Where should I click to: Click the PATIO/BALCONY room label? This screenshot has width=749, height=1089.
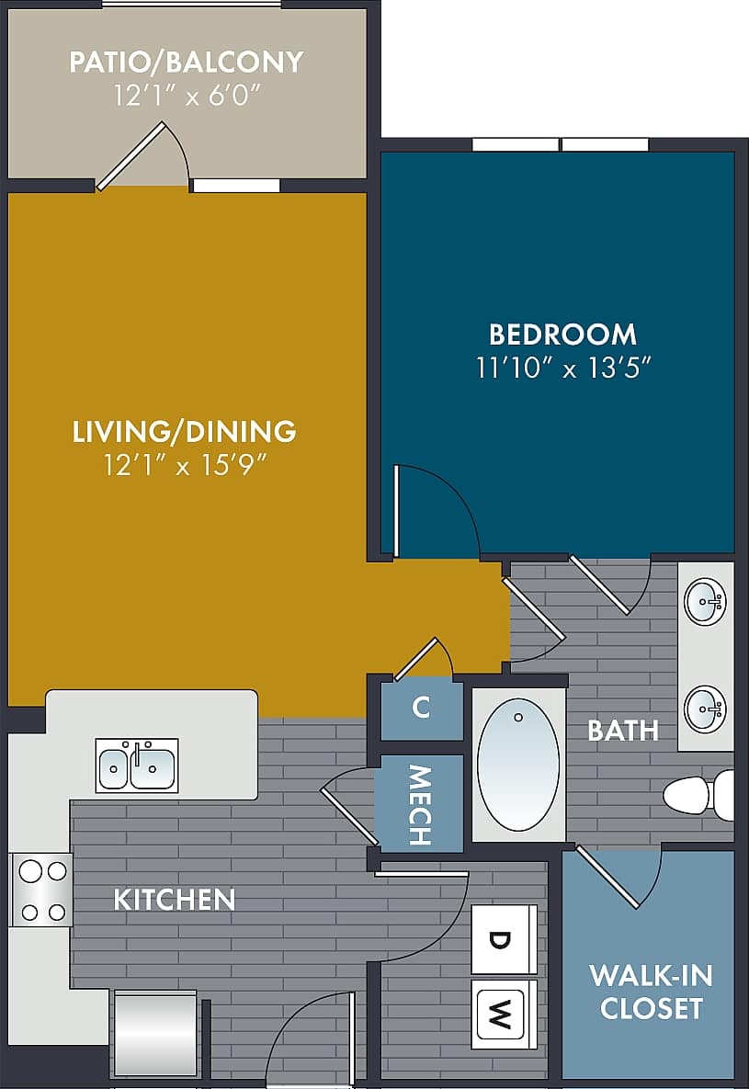click(187, 62)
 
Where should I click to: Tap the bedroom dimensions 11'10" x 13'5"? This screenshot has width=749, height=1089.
click(563, 368)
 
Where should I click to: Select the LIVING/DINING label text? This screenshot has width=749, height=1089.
click(185, 431)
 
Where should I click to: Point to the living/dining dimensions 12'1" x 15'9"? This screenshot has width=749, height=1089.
click(185, 466)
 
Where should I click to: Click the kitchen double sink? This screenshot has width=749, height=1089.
click(137, 765)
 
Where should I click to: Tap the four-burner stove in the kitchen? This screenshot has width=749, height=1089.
click(42, 890)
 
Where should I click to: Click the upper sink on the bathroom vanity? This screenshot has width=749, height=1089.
click(706, 602)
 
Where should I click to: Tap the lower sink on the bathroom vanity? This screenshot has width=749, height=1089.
click(706, 709)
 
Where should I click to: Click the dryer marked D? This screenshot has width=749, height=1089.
click(503, 939)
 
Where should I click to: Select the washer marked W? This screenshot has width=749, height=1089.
click(503, 1015)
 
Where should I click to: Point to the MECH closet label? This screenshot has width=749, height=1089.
click(419, 804)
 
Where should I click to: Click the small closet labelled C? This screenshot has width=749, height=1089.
click(421, 708)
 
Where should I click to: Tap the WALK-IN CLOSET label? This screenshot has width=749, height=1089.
click(651, 992)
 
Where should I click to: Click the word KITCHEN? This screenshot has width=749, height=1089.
click(175, 899)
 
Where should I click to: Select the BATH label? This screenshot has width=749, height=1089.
click(623, 731)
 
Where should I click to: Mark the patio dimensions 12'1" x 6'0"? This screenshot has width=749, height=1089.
click(187, 95)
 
